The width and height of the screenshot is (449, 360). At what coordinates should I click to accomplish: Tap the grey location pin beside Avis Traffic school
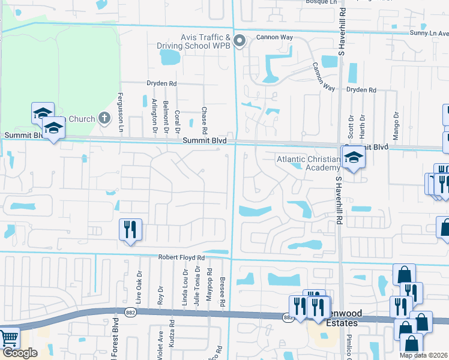coord(240,41)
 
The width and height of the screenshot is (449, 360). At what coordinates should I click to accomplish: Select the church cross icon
coord(104,118)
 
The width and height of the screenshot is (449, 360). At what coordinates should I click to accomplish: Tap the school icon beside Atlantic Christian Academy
coord(354,158)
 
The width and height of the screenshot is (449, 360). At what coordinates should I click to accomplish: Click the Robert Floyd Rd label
coord(181,257)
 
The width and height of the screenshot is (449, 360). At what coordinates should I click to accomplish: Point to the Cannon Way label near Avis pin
coord(274,37)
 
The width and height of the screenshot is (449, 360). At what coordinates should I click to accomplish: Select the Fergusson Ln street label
coord(120,113)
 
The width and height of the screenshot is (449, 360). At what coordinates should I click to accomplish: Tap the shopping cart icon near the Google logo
coord(8,339)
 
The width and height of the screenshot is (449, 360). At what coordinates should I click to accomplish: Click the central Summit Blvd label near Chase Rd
coord(205,140)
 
